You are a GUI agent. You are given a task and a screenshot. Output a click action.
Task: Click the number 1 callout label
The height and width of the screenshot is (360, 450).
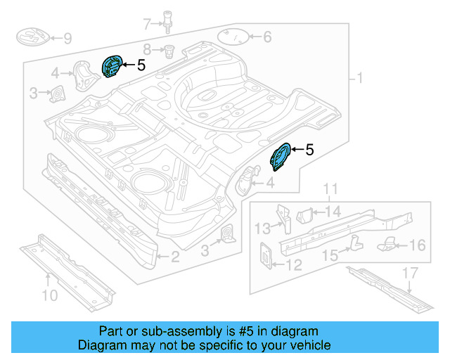click(361, 78)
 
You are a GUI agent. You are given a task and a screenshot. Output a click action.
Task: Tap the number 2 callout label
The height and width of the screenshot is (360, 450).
click(175, 257)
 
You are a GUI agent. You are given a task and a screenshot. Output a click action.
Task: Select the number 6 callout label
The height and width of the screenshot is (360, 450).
click(267, 37)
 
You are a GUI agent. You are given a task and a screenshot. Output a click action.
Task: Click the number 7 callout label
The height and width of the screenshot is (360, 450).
click(147, 25)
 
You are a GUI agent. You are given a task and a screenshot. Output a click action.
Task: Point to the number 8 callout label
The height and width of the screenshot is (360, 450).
click(147, 49)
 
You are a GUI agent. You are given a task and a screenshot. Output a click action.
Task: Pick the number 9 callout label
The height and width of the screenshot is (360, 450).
click(67, 38)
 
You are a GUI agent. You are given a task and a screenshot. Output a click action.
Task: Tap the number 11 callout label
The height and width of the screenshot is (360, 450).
click(331, 188)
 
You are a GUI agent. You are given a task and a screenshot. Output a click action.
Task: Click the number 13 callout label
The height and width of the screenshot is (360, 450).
click(262, 228)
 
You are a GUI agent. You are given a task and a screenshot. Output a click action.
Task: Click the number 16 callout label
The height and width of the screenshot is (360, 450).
click(418, 245)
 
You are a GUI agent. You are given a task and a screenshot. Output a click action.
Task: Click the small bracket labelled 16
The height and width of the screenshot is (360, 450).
click(388, 244)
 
